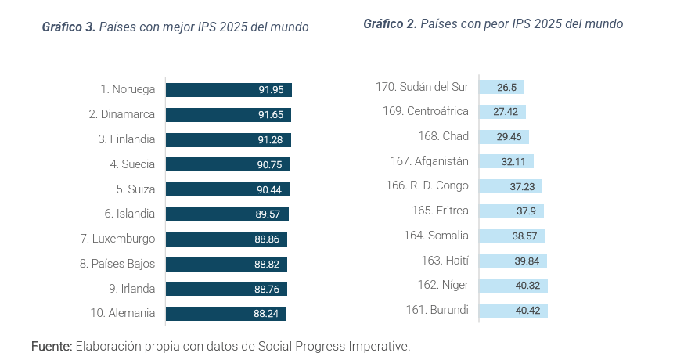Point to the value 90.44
271,189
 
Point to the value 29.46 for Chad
509,137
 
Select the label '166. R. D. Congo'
427,185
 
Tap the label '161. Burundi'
437,310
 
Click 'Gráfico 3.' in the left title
69,27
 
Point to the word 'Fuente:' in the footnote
52,345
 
